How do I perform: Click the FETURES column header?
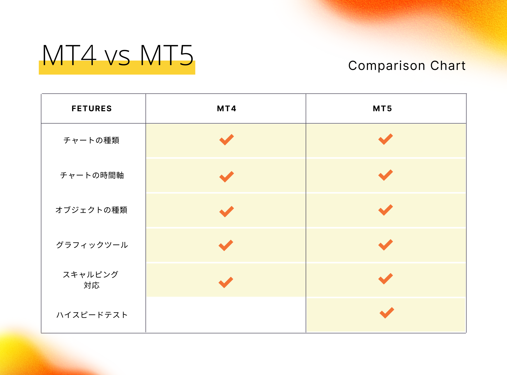point(92,108)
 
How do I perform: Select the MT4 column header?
point(227,108)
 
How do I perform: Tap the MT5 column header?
point(382,108)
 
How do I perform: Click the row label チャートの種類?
point(91,140)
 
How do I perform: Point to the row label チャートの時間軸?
point(92,175)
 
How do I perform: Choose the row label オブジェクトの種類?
point(91,210)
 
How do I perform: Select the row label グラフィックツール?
point(92,245)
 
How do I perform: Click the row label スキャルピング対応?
point(91,280)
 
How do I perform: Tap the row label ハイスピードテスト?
point(92,315)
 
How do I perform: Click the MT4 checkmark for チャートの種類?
point(226,140)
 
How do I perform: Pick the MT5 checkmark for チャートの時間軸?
point(385,175)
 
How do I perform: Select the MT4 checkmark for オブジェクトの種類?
point(226,212)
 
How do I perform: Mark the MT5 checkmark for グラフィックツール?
point(385,245)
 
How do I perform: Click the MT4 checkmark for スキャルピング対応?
point(226,282)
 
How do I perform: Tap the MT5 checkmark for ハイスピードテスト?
point(387,313)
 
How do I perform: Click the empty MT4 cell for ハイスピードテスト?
point(226,315)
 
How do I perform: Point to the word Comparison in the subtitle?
point(387,66)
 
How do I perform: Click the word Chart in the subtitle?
point(448,65)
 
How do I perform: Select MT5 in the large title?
point(167,55)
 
